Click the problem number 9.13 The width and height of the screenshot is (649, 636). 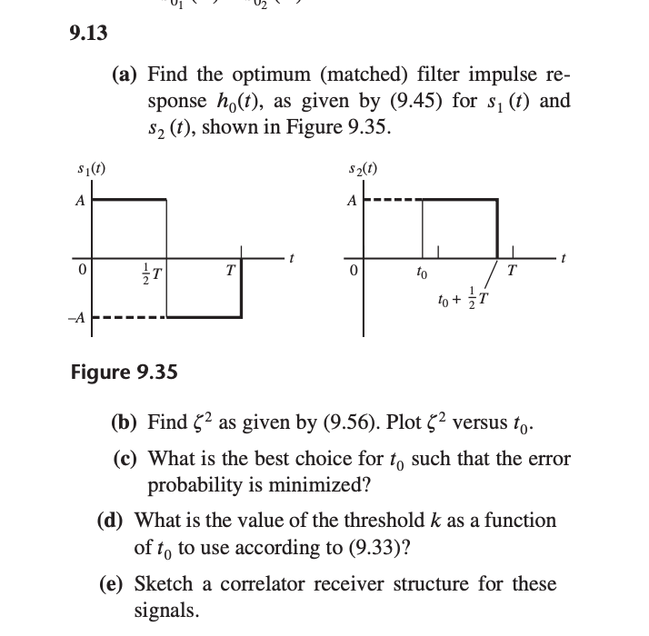(88, 34)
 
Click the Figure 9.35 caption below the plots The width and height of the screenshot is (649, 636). (124, 373)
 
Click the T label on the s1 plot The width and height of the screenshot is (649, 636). (232, 272)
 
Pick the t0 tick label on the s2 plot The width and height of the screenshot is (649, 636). (420, 272)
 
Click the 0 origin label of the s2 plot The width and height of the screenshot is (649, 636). (355, 272)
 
